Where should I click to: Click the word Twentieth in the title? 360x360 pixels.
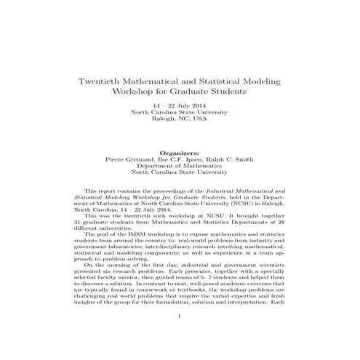coord(103,81)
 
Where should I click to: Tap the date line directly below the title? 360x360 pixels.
coord(179,107)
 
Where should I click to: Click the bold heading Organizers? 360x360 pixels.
coord(179,153)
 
